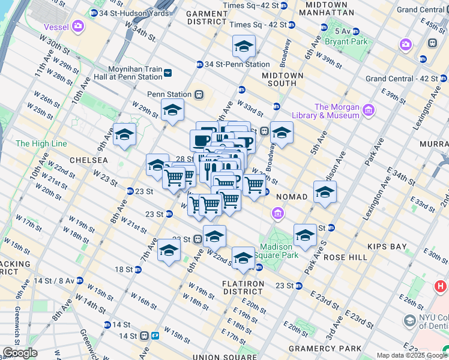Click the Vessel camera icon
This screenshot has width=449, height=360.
tap(78, 26)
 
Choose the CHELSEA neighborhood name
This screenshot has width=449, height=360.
tap(88, 160)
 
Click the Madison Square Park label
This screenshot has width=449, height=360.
tap(276, 251)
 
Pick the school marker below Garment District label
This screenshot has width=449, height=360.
tap(244, 46)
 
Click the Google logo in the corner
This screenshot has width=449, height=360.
tap(20, 353)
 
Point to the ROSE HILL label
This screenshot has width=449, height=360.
tap(345, 257)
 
